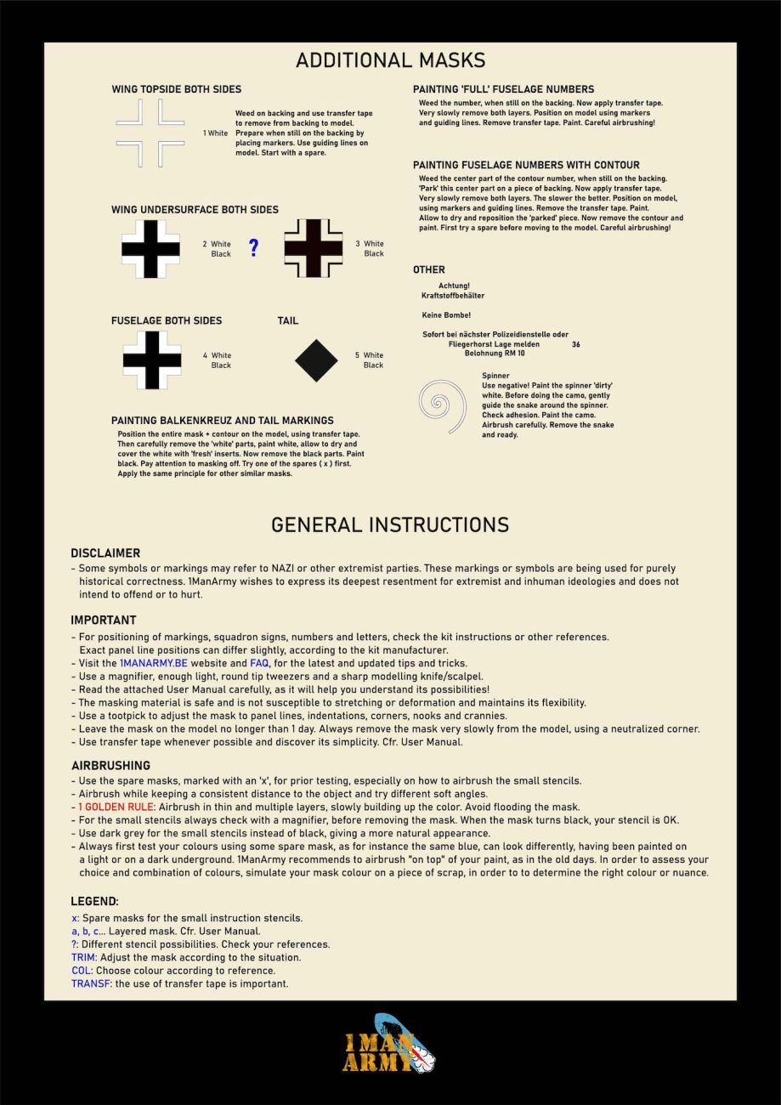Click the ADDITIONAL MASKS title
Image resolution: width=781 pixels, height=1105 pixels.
pos(390,60)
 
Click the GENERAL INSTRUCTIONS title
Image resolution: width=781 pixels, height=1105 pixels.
pos(390,524)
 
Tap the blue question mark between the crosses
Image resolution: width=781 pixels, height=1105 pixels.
pos(253,248)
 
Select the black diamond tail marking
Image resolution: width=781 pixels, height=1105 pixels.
pos(316,360)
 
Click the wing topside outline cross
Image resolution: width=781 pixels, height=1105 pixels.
pos(150,133)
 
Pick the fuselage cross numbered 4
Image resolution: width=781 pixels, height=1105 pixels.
pos(152,360)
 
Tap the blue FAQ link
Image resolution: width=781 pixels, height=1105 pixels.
pos(259,663)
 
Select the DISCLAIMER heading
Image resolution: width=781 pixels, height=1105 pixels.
pos(105,553)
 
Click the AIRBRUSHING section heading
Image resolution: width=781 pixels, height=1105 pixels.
pos(110,766)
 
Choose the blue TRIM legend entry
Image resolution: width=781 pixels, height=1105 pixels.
pos(83,957)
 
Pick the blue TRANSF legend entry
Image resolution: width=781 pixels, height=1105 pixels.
pos(90,983)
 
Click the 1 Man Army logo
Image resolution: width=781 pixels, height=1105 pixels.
pos(390,1043)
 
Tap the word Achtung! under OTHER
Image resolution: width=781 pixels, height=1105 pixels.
pos(454,286)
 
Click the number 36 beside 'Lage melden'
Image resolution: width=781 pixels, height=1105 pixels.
pos(576,344)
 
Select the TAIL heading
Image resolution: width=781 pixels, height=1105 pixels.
pos(288,321)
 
